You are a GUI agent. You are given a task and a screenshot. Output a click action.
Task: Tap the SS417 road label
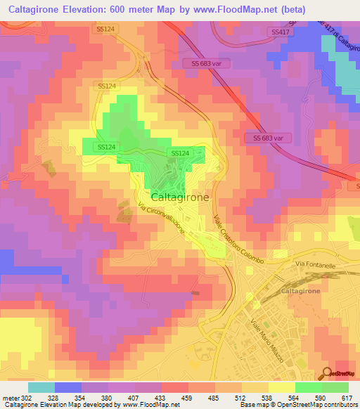tap(279, 32)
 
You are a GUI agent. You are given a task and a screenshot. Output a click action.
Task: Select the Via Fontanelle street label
tap(314, 264)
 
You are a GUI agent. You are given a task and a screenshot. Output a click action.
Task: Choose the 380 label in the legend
tap(104, 397)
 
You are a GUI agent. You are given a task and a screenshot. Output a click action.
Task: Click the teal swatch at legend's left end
tap(41, 387)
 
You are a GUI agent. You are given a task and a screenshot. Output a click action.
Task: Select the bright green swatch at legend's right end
tap(335, 387)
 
